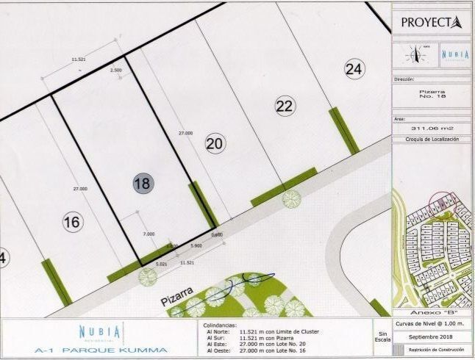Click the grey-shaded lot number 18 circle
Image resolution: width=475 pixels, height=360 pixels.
tap(142, 183)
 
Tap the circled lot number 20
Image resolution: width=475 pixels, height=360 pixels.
tap(215, 143)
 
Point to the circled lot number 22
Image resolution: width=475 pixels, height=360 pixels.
tap(285, 106)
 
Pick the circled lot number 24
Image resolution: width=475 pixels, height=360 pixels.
tap(354, 69)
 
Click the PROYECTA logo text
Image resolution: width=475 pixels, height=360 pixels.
tap(431, 22)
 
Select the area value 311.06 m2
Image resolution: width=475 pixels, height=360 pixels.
tap(431, 127)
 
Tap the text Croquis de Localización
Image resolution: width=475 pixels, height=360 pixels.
tap(432, 139)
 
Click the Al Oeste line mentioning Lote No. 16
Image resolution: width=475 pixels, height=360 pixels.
tap(261, 350)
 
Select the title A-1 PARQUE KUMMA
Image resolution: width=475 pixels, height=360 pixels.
tap(101, 350)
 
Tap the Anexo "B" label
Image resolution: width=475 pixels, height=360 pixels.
tap(431, 312)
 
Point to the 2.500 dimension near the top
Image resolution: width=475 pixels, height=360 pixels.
tap(115, 70)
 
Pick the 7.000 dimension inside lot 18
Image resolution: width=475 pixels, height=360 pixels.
tap(149, 234)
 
